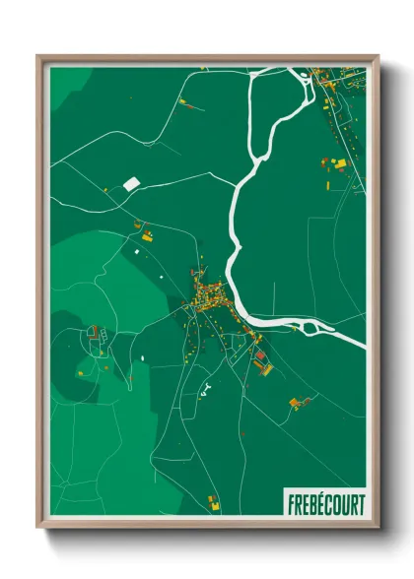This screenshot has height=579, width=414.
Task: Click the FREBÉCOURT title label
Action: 325,505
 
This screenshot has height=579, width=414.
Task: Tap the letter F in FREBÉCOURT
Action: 291,505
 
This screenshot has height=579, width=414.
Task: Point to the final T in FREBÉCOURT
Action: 361,505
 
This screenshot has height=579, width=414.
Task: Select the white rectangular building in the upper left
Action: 131,183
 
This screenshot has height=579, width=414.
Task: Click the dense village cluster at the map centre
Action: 207,295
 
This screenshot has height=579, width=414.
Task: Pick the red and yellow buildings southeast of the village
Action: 260,362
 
